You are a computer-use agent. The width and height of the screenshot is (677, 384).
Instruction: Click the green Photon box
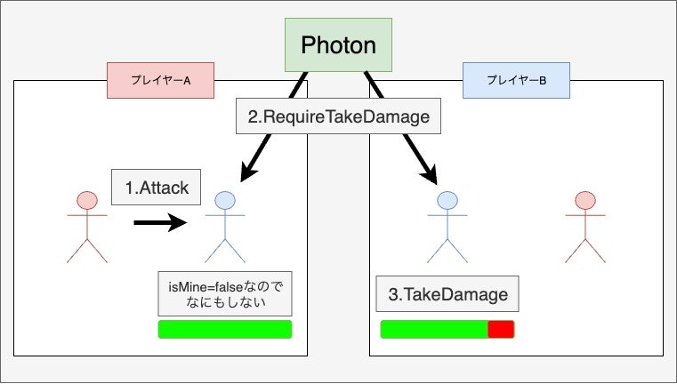(x=338, y=44)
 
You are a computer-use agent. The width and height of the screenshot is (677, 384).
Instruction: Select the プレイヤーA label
(x=161, y=80)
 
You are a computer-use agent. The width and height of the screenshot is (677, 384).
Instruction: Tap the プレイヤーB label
(x=516, y=80)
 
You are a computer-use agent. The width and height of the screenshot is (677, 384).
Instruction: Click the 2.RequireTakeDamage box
(x=338, y=116)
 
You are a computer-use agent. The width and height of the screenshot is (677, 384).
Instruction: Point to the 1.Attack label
(x=157, y=188)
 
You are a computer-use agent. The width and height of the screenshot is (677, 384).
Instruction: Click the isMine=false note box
(x=224, y=293)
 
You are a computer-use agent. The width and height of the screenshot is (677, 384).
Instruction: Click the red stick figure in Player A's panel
(x=86, y=227)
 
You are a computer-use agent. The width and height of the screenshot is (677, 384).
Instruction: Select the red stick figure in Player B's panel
(x=584, y=227)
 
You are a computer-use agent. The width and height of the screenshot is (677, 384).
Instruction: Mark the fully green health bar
(x=224, y=330)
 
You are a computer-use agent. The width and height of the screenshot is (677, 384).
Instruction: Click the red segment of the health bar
(x=501, y=330)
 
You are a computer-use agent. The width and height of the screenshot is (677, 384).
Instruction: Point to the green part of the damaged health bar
(x=434, y=330)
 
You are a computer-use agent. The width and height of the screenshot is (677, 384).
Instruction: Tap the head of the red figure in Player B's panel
(x=584, y=200)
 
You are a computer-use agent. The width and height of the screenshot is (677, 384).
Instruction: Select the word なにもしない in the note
(x=224, y=302)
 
